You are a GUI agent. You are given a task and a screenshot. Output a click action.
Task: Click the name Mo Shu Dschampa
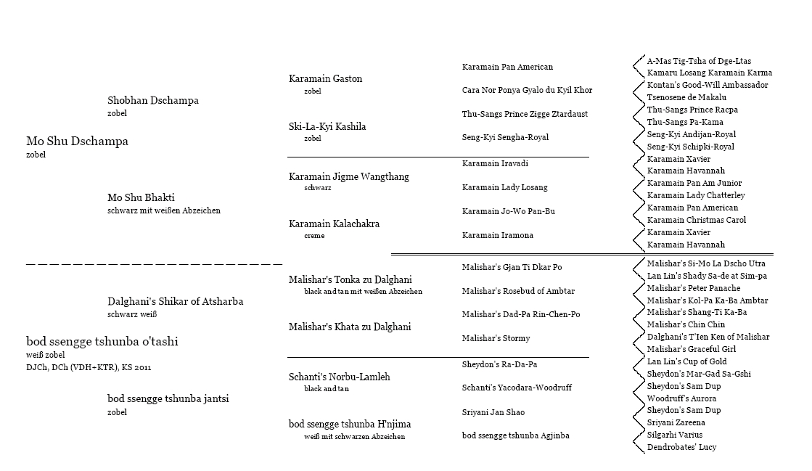click(77, 142)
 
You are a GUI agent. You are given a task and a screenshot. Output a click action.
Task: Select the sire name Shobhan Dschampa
click(152, 101)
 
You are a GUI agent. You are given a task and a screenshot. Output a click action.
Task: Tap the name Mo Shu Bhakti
click(141, 197)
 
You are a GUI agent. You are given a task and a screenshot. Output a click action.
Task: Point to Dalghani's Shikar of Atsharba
click(175, 301)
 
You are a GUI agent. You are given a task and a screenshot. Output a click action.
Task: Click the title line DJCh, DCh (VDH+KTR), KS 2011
click(89, 367)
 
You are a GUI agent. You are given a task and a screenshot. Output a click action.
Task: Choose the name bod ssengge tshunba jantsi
click(168, 399)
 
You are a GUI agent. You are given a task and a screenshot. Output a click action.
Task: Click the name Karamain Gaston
click(325, 78)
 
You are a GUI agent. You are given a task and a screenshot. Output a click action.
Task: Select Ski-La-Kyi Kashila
click(327, 126)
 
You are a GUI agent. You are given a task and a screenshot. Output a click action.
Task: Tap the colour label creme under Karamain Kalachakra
click(314, 236)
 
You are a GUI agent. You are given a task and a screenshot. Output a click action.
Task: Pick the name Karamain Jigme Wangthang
click(348, 176)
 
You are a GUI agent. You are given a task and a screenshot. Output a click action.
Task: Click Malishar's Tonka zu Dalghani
click(350, 279)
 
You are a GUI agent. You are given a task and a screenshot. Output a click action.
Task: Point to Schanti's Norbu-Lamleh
click(339, 377)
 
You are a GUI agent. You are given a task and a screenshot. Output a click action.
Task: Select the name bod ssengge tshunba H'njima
click(350, 424)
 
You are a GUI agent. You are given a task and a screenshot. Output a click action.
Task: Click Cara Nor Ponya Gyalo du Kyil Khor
click(527, 90)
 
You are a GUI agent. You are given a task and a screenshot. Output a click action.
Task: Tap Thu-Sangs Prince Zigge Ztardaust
click(525, 114)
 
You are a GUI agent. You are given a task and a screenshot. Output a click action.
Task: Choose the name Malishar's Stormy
click(496, 338)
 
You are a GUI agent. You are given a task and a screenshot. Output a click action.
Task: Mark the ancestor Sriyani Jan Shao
click(493, 412)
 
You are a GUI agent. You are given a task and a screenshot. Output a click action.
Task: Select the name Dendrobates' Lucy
click(681, 447)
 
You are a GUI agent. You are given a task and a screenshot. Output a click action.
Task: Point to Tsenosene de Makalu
click(686, 97)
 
